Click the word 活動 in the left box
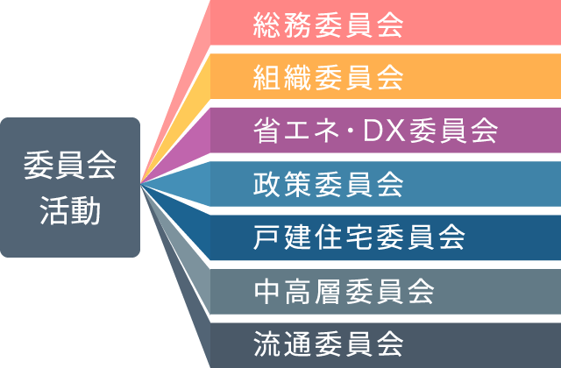coord(69,210)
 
